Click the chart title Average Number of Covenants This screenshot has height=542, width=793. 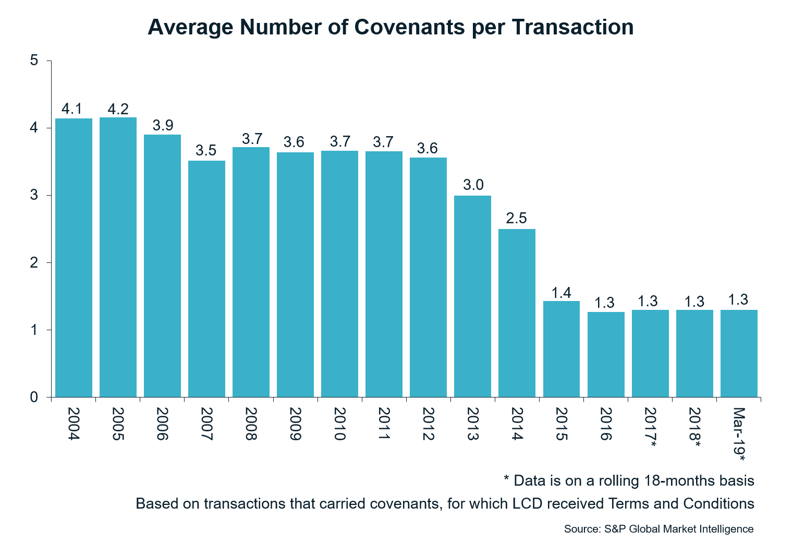[391, 27]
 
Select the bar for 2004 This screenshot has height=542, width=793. [74, 258]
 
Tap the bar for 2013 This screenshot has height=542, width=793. [472, 296]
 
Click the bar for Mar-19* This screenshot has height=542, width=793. [739, 353]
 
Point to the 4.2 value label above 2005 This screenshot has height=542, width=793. [118, 109]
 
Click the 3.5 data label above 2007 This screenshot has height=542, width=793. [206, 151]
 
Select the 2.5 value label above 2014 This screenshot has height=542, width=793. [516, 219]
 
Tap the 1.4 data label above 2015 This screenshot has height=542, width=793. [561, 293]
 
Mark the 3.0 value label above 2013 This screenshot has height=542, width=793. [473, 185]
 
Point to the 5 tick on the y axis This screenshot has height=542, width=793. [34, 61]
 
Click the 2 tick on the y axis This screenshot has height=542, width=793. [34, 263]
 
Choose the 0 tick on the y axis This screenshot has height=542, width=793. [34, 398]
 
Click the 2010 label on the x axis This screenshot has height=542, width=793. [339, 424]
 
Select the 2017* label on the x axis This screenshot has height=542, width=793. [650, 427]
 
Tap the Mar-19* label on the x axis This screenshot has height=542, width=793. [739, 434]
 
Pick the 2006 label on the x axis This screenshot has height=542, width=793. [162, 424]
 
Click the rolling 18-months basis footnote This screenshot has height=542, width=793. [629, 480]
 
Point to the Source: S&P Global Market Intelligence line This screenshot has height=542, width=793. [658, 529]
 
